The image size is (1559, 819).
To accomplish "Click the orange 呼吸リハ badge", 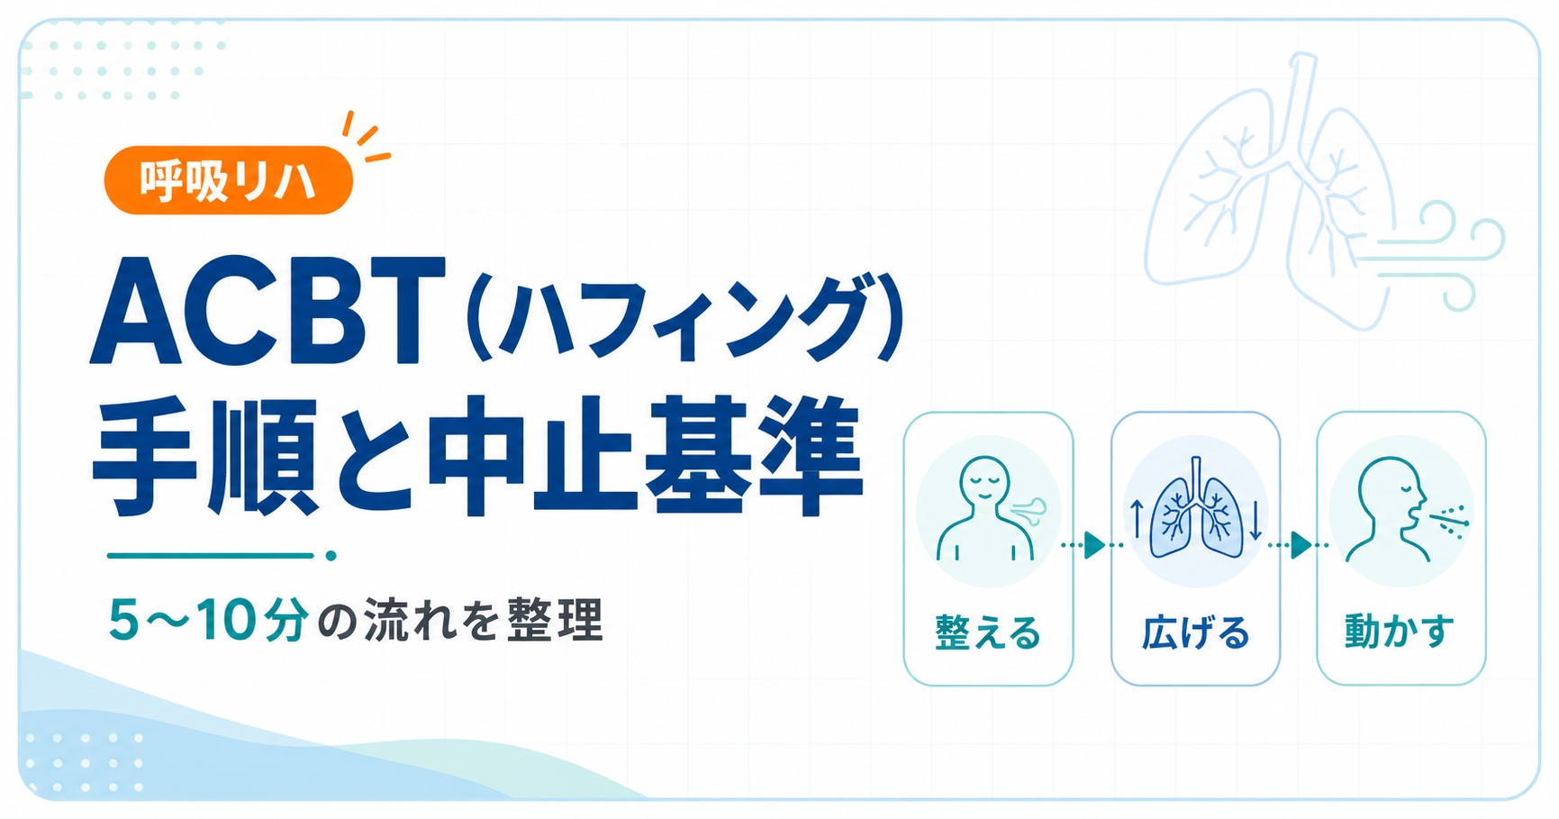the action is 229,180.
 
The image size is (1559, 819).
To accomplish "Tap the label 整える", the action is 988,632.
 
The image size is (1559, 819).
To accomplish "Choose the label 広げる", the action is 1196,632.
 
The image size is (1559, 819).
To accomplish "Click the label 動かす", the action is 1400,631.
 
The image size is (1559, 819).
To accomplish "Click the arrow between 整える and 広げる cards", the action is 1092,545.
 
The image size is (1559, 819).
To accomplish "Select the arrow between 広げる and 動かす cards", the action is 1299,545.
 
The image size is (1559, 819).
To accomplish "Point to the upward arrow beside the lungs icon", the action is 1137,518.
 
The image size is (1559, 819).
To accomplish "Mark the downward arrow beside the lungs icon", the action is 1255,520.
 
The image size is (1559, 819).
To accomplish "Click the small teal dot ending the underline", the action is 331,556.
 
